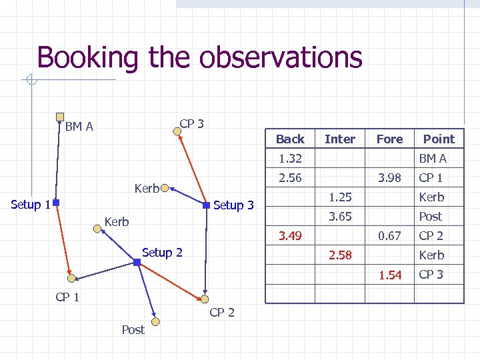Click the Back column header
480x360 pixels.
(x=290, y=139)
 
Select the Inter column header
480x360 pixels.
(x=339, y=139)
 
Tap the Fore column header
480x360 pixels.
(x=389, y=139)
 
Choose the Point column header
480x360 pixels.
(x=439, y=139)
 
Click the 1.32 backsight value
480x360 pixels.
(x=290, y=158)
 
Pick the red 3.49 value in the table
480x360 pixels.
(x=290, y=235)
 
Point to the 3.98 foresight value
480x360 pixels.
(x=389, y=177)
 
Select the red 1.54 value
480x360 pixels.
(x=389, y=275)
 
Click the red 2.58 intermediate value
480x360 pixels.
(x=340, y=255)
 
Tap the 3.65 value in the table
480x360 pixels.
(x=340, y=216)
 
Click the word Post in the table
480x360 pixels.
(x=431, y=216)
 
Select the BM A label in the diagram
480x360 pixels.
(x=79, y=126)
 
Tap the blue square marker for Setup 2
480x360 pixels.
(x=137, y=263)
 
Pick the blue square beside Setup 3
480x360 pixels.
(x=207, y=203)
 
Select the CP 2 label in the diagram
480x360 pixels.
(x=222, y=312)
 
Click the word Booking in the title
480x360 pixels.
(x=91, y=57)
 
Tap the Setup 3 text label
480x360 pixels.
(x=233, y=205)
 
